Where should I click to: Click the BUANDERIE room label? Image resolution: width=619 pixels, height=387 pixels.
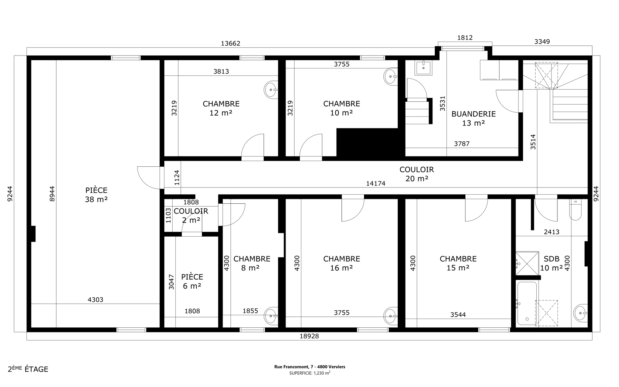(x=473, y=114)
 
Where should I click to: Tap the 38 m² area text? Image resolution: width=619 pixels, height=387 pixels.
(x=96, y=200)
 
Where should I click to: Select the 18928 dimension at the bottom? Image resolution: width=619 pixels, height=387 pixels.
(x=309, y=336)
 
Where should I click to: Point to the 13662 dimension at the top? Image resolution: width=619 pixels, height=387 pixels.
(x=230, y=43)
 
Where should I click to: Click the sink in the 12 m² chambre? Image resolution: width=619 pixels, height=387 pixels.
(x=271, y=90)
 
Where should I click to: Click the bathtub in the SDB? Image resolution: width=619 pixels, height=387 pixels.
(x=527, y=303)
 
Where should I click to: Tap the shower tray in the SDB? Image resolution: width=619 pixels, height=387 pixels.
(x=527, y=263)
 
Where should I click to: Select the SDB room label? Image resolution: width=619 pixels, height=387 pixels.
(x=551, y=259)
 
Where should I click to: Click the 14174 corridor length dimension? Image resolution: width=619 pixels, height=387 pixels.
(x=375, y=183)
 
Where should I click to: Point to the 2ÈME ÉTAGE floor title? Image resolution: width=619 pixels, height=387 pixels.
(x=28, y=369)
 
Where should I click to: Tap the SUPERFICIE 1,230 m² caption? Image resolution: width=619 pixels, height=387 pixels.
(x=310, y=373)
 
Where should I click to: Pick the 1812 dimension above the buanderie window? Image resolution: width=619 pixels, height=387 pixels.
(x=465, y=38)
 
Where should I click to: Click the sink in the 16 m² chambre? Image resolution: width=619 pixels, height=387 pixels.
(x=391, y=316)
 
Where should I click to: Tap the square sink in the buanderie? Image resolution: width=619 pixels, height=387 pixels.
(x=423, y=68)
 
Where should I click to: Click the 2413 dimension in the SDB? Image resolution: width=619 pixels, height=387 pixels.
(x=551, y=232)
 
